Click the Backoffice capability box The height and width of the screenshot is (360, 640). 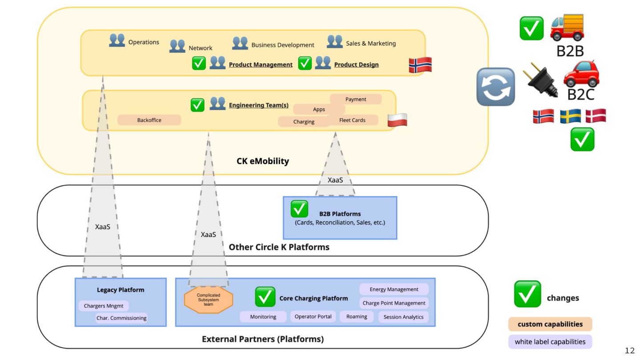[149, 120]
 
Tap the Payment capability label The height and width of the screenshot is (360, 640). [356, 99]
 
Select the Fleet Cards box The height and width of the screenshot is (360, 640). [352, 120]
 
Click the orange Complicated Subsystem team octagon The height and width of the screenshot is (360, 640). [208, 300]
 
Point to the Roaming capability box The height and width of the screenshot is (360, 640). [357, 316]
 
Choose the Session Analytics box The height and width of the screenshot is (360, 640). [404, 317]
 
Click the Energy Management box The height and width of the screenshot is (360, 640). [394, 289]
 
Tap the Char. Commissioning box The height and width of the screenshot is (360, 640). [121, 318]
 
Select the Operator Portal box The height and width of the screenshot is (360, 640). [313, 316]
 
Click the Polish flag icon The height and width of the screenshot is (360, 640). [397, 120]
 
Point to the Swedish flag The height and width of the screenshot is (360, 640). [570, 116]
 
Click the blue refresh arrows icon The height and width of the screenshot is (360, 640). [496, 87]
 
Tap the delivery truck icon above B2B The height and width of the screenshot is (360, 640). [567, 28]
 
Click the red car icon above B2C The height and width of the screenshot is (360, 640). [581, 74]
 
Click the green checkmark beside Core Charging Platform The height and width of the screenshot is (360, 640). [265, 297]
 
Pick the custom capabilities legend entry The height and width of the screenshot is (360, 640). [550, 324]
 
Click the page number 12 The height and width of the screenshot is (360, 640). [630, 351]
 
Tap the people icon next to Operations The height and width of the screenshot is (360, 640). [117, 40]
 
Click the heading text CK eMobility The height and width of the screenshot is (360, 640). [263, 161]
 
